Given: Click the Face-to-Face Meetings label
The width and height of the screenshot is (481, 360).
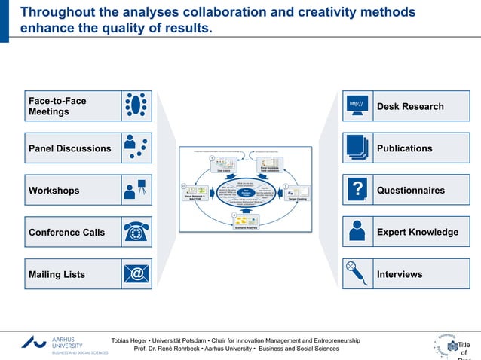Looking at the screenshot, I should pyautogui.click(x=57, y=106).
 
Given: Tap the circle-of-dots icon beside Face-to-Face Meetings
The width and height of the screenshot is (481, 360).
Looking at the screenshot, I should pyautogui.click(x=136, y=106).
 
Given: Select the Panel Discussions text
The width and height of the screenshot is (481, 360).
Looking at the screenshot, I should pyautogui.click(x=69, y=148).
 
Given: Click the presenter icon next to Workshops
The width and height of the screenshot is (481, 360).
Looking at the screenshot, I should pyautogui.click(x=136, y=190).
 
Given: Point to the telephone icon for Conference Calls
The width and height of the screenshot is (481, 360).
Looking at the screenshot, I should pyautogui.click(x=136, y=232).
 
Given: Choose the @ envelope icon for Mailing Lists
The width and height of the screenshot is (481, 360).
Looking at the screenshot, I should pyautogui.click(x=136, y=274).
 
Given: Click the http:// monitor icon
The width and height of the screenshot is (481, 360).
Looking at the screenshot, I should pyautogui.click(x=357, y=106).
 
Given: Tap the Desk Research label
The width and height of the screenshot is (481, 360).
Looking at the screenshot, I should pyautogui.click(x=410, y=106).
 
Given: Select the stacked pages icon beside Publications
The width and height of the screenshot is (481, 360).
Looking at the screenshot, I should pyautogui.click(x=357, y=148).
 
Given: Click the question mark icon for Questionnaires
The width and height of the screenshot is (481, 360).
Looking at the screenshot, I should pyautogui.click(x=357, y=190).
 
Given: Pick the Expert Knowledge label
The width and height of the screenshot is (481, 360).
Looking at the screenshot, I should pyautogui.click(x=417, y=232).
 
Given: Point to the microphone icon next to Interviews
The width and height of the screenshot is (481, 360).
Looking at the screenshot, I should pyautogui.click(x=357, y=273).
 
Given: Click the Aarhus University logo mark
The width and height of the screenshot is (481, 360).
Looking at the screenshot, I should pyautogui.click(x=34, y=343).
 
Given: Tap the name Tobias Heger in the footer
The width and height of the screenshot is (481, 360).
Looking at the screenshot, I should pyautogui.click(x=130, y=341).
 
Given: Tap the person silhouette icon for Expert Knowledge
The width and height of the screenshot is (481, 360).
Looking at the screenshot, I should pyautogui.click(x=357, y=232).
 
